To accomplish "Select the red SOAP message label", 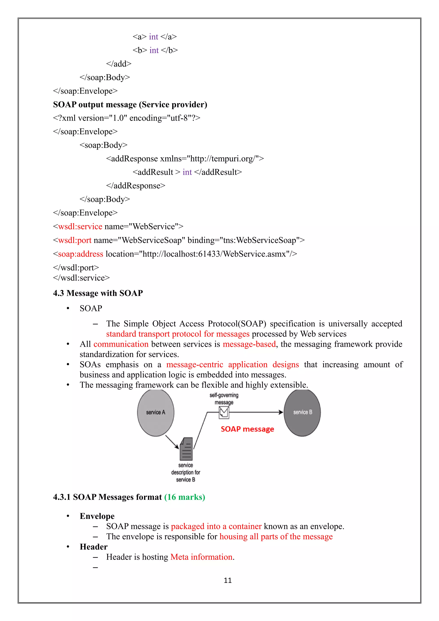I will pos(247,429).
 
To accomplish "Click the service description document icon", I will pos(186,449).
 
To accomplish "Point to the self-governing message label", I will pos(224,399).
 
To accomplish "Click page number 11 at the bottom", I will pos(228,580).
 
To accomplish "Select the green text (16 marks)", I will pos(185,497).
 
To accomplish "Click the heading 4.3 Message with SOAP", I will pos(98,293).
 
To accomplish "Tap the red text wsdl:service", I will pos(80,227).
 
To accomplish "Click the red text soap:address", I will pos(81,254).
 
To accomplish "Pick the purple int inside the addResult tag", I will pos(187,172).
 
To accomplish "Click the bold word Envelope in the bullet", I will pos(97,516).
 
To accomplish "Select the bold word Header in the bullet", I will pos(93,547).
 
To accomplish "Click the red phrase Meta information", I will pos(201,557).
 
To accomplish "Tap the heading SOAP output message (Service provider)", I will pos(130,105).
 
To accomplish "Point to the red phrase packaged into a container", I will pos(216,526).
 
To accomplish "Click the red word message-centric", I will pos(195,365).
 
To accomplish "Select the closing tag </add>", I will pos(119,64).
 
